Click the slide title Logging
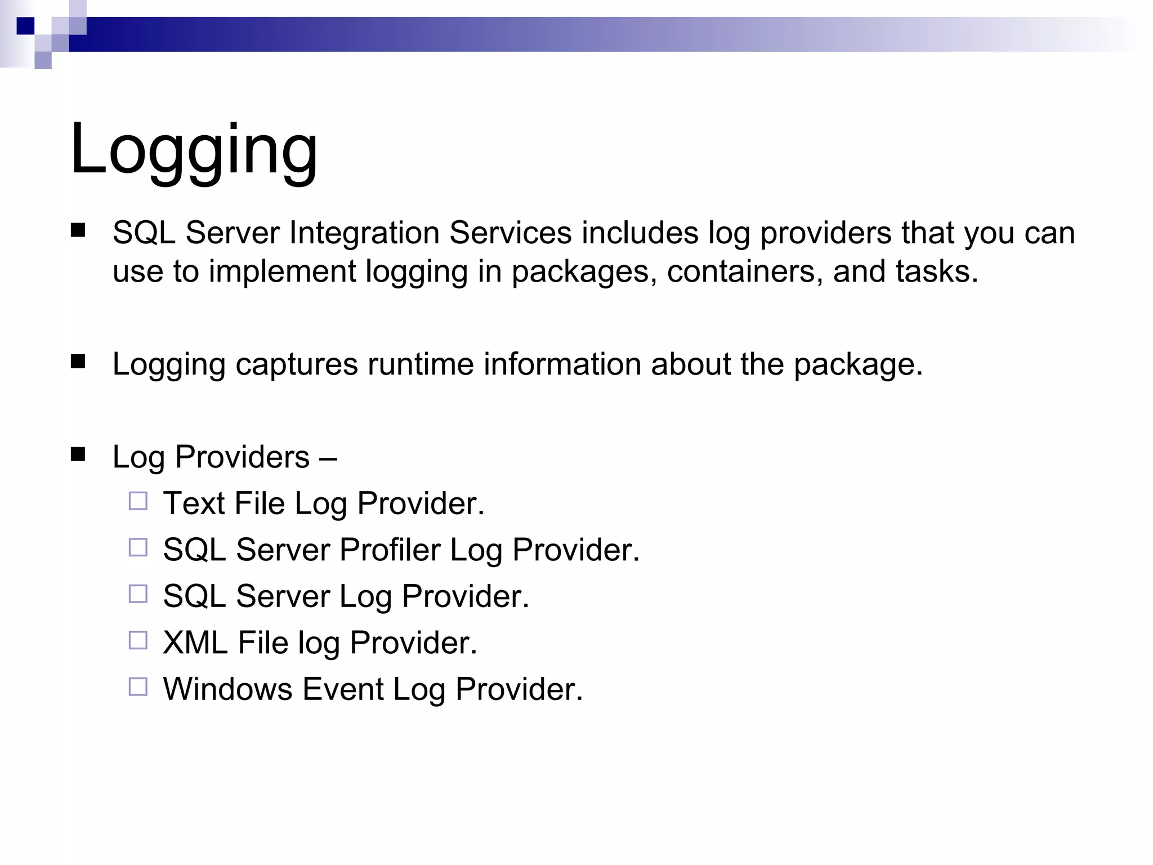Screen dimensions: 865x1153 (x=194, y=150)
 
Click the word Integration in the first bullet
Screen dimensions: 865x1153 (x=364, y=233)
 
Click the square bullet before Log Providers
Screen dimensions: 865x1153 (x=78, y=454)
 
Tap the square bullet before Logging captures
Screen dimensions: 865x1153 (x=78, y=361)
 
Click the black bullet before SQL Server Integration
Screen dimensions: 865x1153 (x=78, y=230)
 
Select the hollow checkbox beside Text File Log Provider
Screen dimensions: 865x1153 (x=138, y=501)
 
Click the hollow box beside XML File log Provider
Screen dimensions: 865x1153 (x=138, y=640)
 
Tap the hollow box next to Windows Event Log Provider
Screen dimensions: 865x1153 (x=138, y=686)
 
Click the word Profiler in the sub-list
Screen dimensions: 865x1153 (x=390, y=550)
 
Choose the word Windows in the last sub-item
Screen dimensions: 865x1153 (x=227, y=689)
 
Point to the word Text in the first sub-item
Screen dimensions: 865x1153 (x=194, y=503)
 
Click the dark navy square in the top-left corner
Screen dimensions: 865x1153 (x=25, y=26)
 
